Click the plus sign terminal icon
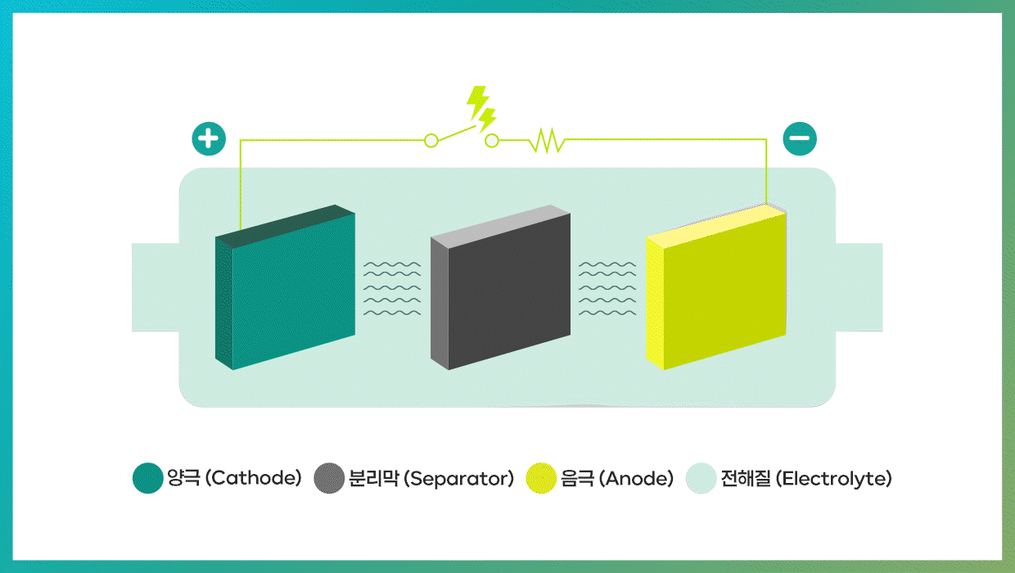[209, 138]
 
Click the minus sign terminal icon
[800, 138]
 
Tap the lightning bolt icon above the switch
[481, 109]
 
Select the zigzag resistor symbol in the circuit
[547, 141]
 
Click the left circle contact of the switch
[431, 141]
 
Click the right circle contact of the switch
[492, 141]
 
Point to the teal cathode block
[285, 287]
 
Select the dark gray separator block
[500, 287]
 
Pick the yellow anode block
[716, 287]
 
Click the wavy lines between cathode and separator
[392, 288]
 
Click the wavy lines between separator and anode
[607, 288]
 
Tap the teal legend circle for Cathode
[147, 478]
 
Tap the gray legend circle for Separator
[329, 478]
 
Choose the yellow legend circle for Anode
[541, 478]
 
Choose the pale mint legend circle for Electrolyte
[701, 478]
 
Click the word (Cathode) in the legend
[253, 478]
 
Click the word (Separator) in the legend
[458, 479]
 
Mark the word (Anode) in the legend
[636, 478]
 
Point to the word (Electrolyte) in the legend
[834, 479]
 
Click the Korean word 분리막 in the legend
[374, 478]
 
